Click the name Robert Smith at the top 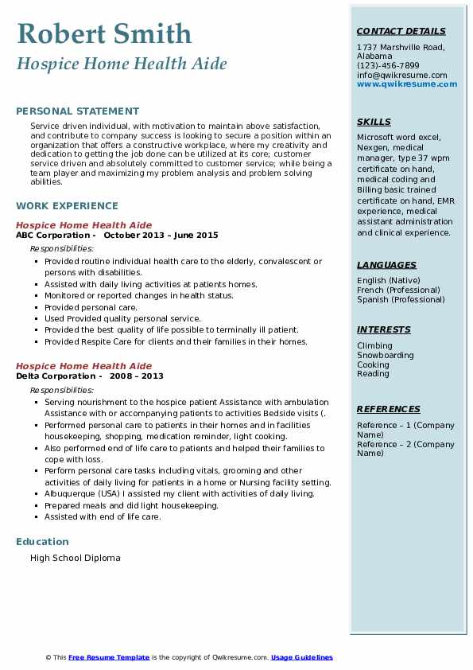point(103,33)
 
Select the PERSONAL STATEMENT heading point(77,111)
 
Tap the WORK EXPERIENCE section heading point(67,205)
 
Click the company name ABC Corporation point(52,236)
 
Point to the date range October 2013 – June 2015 point(161,236)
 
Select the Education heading point(42,542)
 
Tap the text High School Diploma point(76,558)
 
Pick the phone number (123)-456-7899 point(388,66)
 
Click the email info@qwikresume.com point(401,75)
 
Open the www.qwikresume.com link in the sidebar point(401,84)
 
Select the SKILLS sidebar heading point(374,122)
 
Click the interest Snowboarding point(385,355)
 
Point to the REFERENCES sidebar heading point(389,409)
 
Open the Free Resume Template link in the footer point(109,657)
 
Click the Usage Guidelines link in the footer point(302,657)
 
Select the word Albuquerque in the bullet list point(70,493)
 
